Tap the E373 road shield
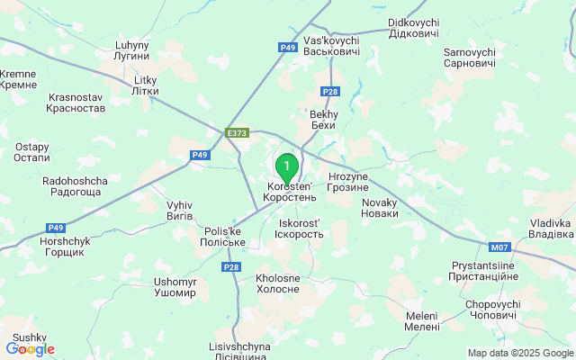[238, 133]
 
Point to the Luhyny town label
[131, 49]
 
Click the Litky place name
[145, 85]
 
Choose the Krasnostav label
[76, 102]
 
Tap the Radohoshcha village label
[75, 186]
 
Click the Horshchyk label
[62, 247]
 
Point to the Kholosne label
[277, 283]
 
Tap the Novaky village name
[379, 208]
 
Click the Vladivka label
[551, 229]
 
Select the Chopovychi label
[492, 310]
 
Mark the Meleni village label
[421, 321]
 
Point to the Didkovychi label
[413, 28]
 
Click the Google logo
[30, 349]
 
